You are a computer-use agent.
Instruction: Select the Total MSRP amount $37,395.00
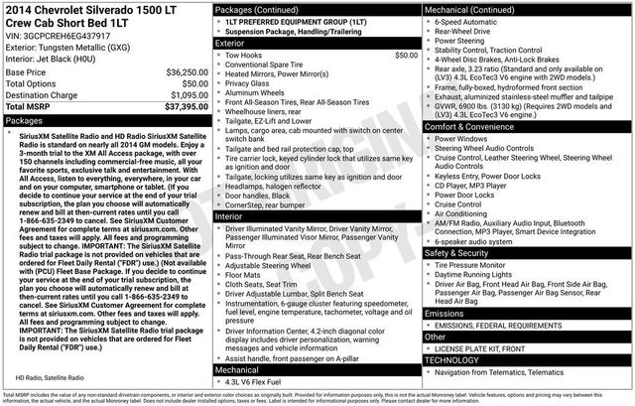point(183,106)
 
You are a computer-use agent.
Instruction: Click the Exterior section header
point(231,44)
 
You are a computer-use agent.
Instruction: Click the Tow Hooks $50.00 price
point(406,56)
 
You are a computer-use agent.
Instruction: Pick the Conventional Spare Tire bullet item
point(272,65)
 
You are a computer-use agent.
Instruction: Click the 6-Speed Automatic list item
point(469,20)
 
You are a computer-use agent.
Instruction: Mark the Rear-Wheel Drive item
point(465,30)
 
